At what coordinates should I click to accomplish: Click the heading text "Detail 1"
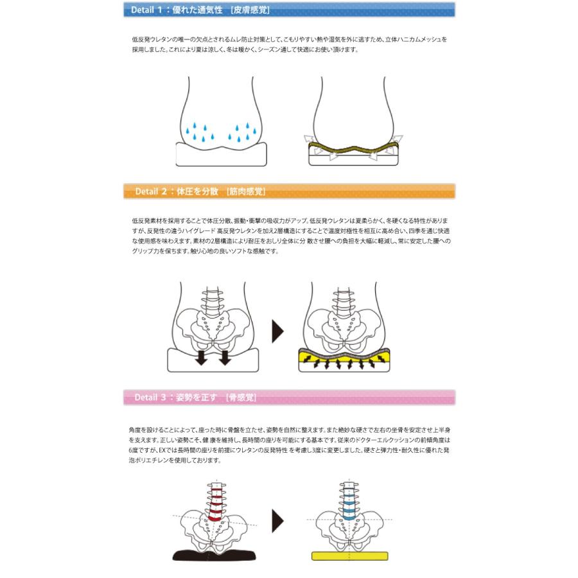[146, 10]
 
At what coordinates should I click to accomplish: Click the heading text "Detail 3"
[151, 398]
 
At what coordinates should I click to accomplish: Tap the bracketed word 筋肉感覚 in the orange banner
[246, 192]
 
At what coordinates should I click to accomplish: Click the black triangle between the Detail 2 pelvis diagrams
[277, 331]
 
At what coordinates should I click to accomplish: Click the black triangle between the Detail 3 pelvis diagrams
[277, 520]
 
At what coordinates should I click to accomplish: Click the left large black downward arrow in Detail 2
[200, 357]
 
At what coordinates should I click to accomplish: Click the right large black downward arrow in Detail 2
[224, 357]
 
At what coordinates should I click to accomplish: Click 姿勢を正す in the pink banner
[197, 398]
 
